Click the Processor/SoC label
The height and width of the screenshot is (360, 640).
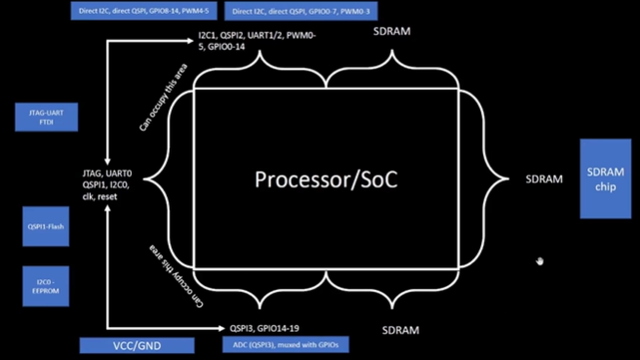point(327,180)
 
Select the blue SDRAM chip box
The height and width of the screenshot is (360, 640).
point(609,178)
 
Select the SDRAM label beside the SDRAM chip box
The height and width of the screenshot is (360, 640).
point(544,180)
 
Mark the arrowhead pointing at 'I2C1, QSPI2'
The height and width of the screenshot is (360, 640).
point(189,40)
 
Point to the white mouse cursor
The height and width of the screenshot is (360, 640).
point(539,261)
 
